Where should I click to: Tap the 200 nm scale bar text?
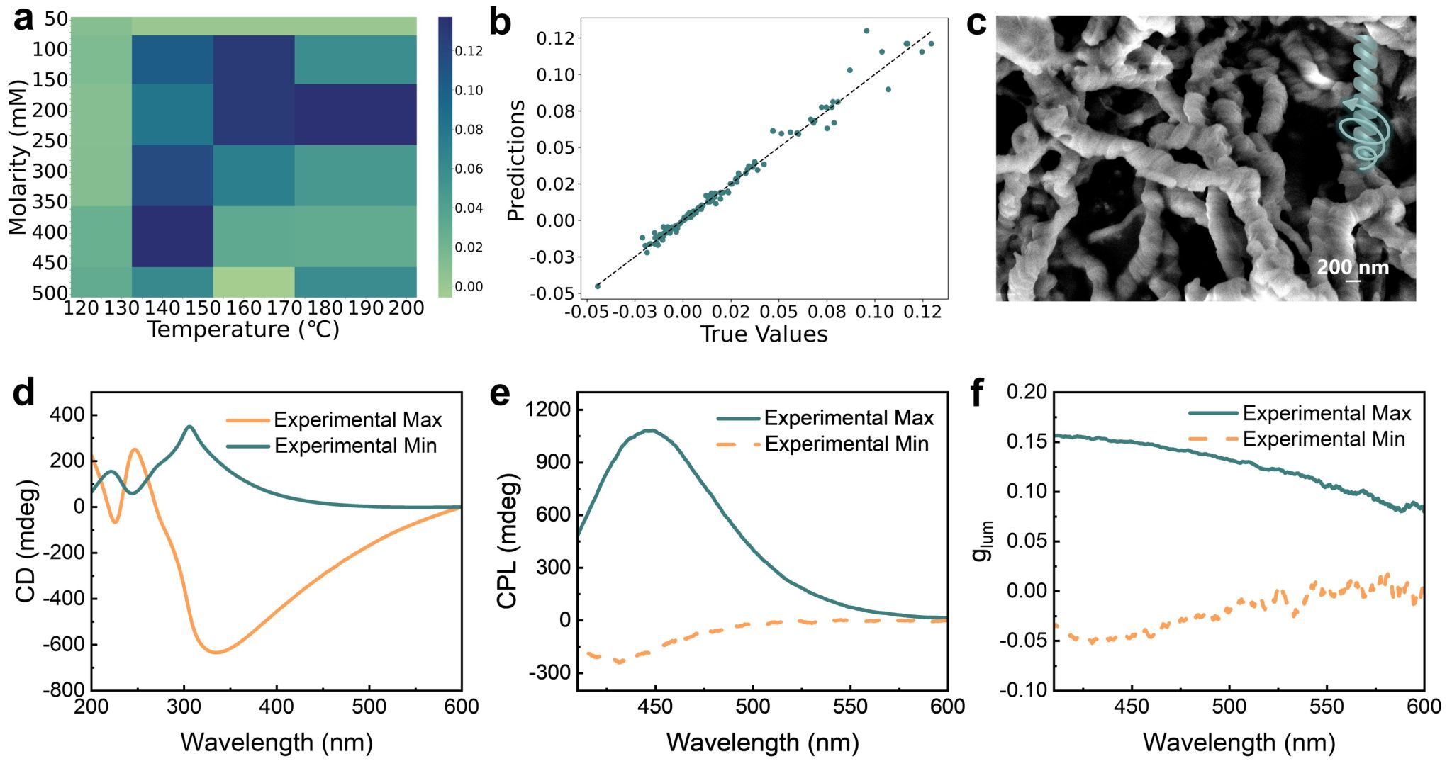click(x=1353, y=267)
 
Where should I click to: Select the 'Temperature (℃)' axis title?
click(x=243, y=330)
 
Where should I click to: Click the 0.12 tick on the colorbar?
click(x=469, y=51)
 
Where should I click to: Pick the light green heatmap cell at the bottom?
click(x=254, y=281)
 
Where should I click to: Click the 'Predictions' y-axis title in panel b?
click(x=516, y=160)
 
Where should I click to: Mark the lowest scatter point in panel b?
click(x=598, y=286)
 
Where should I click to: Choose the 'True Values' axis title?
click(x=764, y=334)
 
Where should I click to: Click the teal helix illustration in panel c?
click(x=1363, y=106)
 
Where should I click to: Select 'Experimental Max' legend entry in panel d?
click(x=357, y=420)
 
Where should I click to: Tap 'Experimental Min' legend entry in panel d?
click(x=355, y=446)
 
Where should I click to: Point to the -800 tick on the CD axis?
click(x=68, y=689)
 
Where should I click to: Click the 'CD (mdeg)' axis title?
click(x=26, y=542)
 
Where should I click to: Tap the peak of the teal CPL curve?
click(x=650, y=430)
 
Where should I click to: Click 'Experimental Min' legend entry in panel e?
click(x=846, y=444)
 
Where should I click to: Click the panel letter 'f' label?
click(x=978, y=393)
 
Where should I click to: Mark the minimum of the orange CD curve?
click(x=216, y=652)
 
